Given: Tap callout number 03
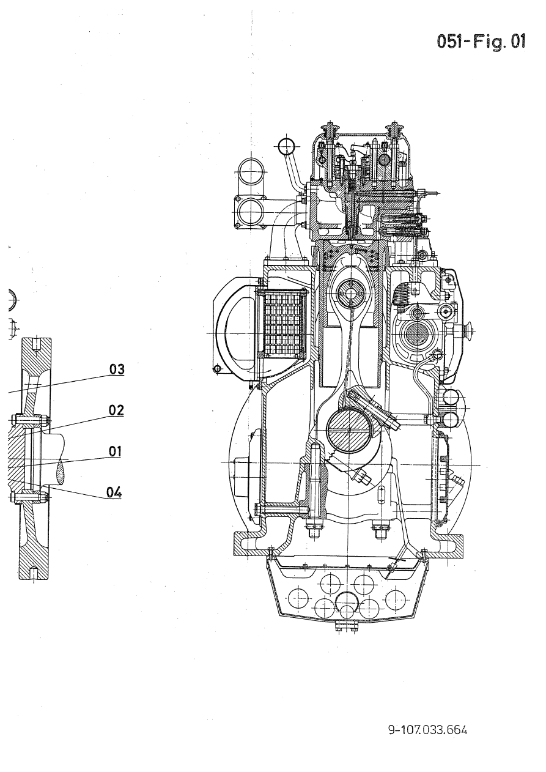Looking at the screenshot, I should pos(117,369).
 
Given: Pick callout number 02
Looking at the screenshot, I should pos(117,410).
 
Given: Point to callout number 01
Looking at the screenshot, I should pos(116,451).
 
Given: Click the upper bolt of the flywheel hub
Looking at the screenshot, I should pos(29,421).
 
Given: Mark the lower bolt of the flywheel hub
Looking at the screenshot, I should pos(29,496).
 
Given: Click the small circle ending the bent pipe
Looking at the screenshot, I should pos(286,146).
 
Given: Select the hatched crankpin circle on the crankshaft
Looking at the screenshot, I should pos(349,431).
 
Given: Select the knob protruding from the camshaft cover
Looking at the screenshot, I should pos(470,330).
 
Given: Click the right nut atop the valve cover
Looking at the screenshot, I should pos(394,131).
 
